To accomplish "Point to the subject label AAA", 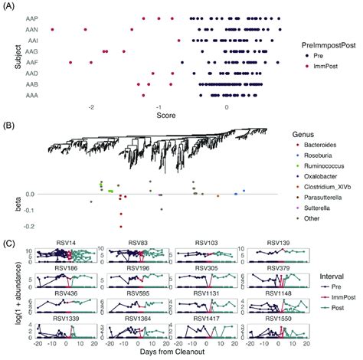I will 31,97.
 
